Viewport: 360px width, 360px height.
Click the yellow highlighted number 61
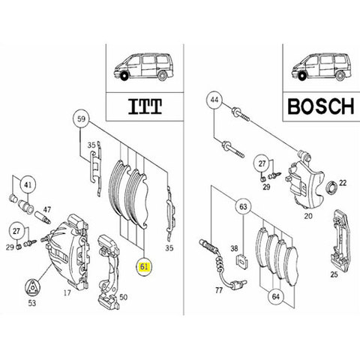point(144,267)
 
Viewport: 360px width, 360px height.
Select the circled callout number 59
point(81,118)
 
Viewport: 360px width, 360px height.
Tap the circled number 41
point(28,185)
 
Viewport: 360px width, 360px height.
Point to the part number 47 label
point(46,209)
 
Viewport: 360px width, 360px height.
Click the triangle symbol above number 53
point(32,288)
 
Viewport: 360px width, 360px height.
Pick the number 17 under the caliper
point(67,292)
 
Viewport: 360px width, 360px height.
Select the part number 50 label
point(123,297)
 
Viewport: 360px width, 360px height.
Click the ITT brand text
point(145,106)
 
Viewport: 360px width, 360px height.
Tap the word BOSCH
point(321,106)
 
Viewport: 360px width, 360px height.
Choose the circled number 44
point(214,100)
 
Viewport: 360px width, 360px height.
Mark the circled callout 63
point(243,206)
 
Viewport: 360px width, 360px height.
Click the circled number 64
point(276,297)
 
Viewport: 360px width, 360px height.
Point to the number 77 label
point(219,290)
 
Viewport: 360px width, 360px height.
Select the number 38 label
point(234,248)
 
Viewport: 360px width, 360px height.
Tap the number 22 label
point(343,183)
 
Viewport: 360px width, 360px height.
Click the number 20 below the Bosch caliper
point(308,216)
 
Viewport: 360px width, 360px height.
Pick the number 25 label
point(334,274)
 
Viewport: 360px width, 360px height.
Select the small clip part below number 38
point(242,261)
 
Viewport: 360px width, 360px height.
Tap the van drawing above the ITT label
point(142,67)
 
